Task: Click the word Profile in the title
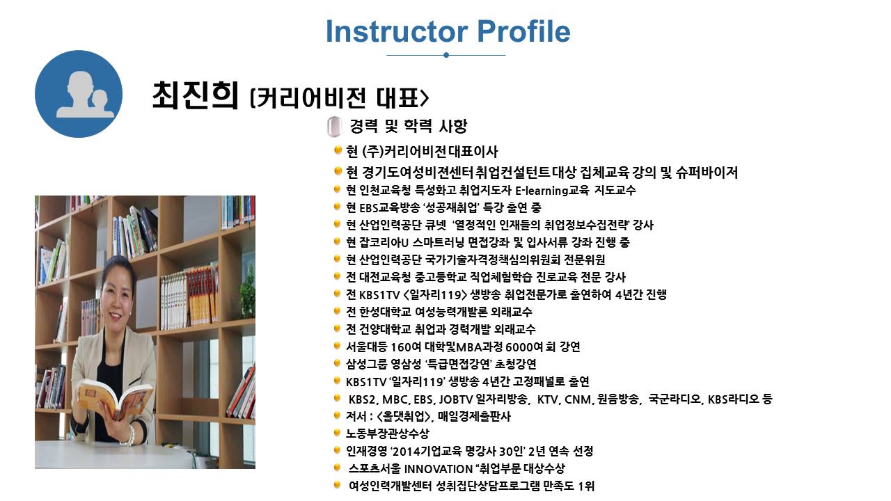[x=524, y=31]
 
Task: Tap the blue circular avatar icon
[x=79, y=94]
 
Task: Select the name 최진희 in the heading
[x=196, y=95]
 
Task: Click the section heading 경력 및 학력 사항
[x=408, y=126]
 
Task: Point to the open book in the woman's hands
[x=115, y=397]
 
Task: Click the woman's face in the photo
[x=116, y=296]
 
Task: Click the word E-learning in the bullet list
[x=541, y=191]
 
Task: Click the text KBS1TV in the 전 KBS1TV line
[x=379, y=295]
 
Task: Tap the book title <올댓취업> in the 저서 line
[x=404, y=416]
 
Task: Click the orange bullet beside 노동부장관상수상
[x=338, y=432]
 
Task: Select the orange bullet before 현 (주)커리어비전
[x=338, y=150]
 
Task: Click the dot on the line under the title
[x=446, y=55]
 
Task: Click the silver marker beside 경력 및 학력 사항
[x=335, y=127]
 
